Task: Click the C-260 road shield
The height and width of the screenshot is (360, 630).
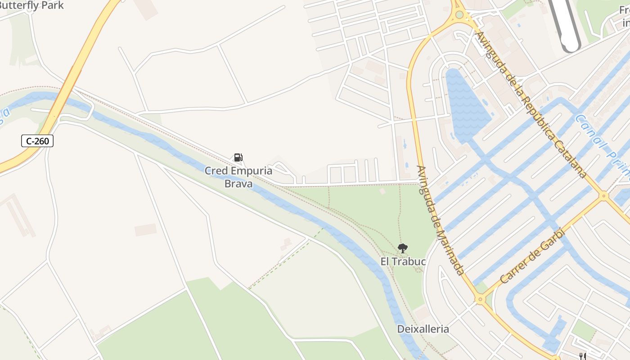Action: (37, 141)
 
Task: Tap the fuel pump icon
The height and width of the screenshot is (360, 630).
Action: (238, 157)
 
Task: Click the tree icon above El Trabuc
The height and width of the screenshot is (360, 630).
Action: (403, 248)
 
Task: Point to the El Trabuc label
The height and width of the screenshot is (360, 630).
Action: (403, 261)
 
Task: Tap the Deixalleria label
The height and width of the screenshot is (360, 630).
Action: (423, 329)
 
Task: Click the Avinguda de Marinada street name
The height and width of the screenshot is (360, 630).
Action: (440, 220)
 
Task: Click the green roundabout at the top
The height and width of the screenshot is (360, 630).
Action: (459, 14)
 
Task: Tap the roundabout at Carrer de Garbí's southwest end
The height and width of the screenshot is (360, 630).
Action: (481, 298)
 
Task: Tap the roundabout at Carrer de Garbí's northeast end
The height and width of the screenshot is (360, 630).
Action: (604, 196)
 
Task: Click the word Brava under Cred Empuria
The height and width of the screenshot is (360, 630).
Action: (238, 184)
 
